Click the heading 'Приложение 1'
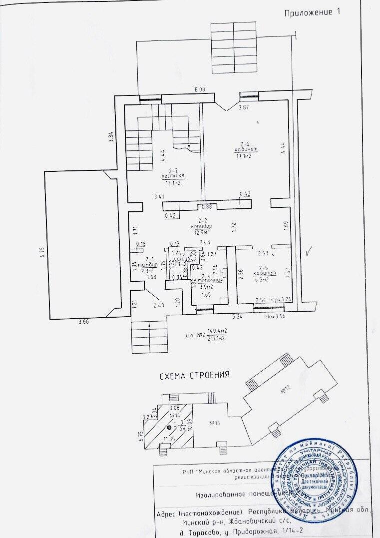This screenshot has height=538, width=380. [311, 13]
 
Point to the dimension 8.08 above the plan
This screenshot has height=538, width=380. [201, 90]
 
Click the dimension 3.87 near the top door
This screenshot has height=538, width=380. [244, 107]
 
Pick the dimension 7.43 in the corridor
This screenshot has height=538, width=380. [204, 243]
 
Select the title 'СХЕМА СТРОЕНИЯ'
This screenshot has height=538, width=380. [194, 375]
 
